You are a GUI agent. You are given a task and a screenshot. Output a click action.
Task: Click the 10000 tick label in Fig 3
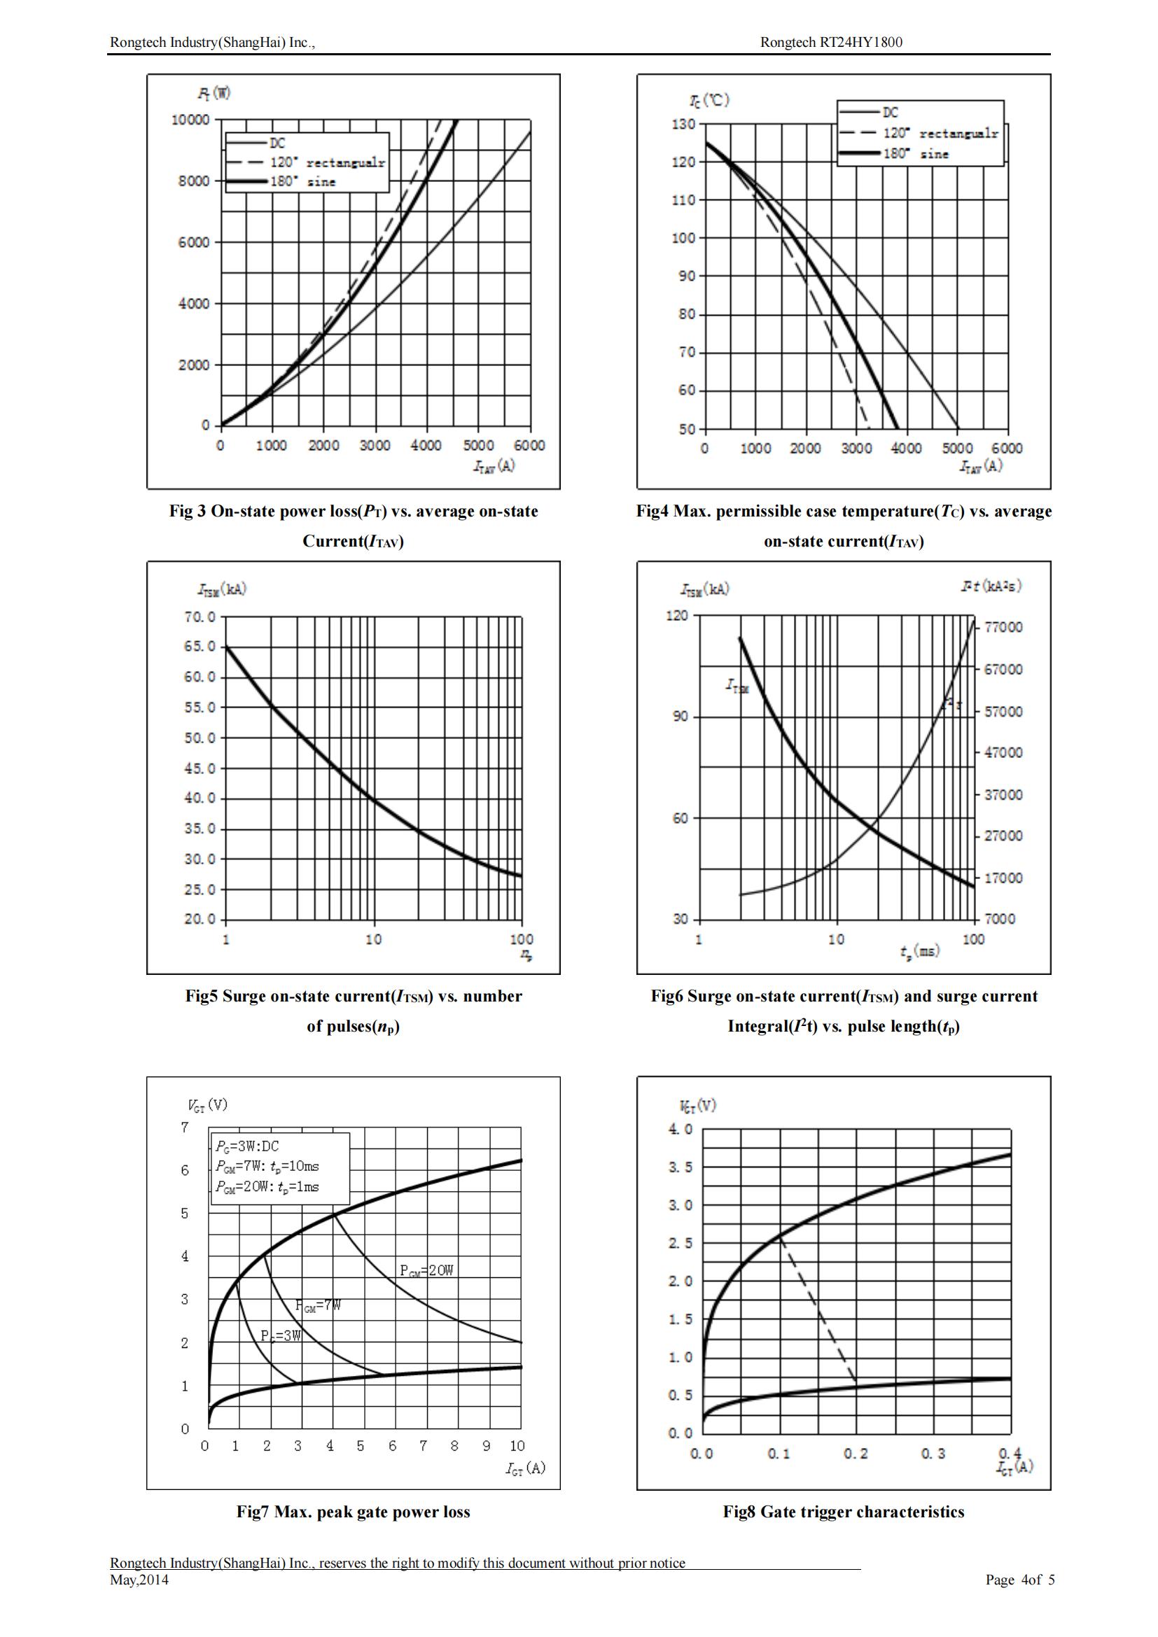(x=190, y=120)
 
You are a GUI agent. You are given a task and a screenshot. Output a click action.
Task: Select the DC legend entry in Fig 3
(x=277, y=143)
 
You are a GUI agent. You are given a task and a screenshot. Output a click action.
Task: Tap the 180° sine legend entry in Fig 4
(x=916, y=154)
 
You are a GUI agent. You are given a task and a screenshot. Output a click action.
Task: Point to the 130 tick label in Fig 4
(x=683, y=124)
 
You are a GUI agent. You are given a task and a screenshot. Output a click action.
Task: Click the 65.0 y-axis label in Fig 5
(x=200, y=647)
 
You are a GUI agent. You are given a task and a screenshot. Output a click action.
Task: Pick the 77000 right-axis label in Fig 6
(x=1003, y=627)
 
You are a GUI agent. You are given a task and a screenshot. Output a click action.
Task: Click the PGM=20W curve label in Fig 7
(x=426, y=1270)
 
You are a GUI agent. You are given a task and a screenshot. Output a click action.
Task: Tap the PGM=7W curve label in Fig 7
(x=318, y=1305)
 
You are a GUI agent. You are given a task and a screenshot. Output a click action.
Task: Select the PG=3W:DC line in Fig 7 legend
(x=248, y=1146)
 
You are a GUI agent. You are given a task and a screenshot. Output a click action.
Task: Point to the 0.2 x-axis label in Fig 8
(x=856, y=1454)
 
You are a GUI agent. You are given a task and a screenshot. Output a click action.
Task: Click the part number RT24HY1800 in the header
(x=860, y=42)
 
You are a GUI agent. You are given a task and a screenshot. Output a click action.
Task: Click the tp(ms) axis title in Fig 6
(x=919, y=951)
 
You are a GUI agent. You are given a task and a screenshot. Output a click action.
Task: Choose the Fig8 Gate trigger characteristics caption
(x=844, y=1512)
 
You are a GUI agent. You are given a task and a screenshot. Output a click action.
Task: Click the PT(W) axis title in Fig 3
(x=214, y=93)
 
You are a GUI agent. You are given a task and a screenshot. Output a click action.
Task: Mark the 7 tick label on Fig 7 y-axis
(x=186, y=1127)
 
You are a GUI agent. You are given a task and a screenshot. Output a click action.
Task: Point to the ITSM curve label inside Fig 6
(x=737, y=686)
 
